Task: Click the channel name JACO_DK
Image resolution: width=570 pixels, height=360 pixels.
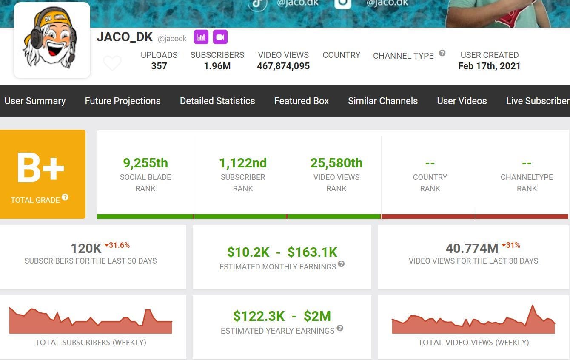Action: [x=125, y=37]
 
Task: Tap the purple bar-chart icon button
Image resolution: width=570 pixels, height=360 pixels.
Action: [x=201, y=37]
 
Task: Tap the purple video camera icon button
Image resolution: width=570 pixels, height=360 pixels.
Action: [x=220, y=37]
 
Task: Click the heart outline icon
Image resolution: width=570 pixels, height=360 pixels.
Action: [x=112, y=63]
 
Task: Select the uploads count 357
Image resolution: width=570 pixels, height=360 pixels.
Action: [x=159, y=66]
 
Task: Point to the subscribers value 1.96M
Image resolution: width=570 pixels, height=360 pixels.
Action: [x=217, y=66]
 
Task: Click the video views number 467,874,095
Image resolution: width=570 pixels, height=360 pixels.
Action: [x=283, y=66]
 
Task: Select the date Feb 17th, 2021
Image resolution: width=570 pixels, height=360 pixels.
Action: [x=489, y=66]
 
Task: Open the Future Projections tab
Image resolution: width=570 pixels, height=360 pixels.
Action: [x=123, y=101]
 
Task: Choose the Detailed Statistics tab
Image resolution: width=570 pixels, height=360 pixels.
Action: [x=217, y=101]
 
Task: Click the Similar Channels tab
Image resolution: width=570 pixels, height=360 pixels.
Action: [x=383, y=101]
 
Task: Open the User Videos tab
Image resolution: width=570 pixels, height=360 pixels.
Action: [x=462, y=101]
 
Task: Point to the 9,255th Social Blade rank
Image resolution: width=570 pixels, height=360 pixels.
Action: [x=145, y=163]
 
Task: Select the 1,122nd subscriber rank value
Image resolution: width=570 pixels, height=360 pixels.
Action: [x=243, y=163]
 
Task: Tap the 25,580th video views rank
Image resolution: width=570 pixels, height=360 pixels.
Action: [x=336, y=163]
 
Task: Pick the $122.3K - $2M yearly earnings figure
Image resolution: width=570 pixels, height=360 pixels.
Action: [x=282, y=316]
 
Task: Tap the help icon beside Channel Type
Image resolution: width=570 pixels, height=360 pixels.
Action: [x=442, y=53]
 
